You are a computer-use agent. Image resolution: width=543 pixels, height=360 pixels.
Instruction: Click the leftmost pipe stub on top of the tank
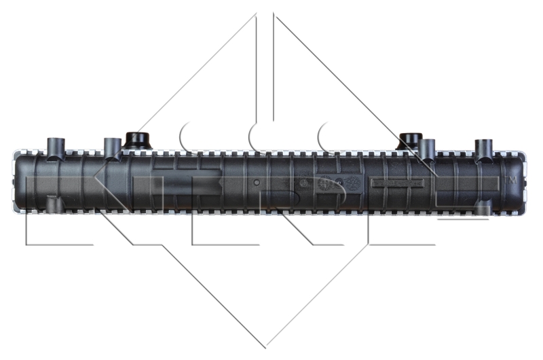tap(56, 147)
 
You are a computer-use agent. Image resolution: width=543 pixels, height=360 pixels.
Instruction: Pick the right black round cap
tap(409, 139)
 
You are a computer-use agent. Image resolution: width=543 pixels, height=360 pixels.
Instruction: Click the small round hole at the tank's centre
tap(256, 183)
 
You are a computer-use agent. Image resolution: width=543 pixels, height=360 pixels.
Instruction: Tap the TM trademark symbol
tap(512, 181)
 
